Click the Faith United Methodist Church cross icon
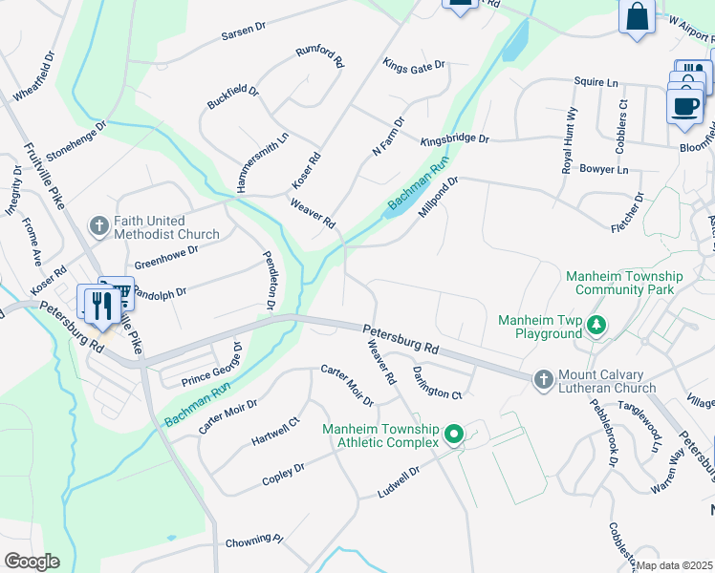(98, 226)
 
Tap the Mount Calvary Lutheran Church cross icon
(543, 380)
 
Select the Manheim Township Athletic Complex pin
(454, 435)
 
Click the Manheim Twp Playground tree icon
(596, 326)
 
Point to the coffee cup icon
(683, 106)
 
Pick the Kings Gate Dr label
(414, 66)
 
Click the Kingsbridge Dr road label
(455, 139)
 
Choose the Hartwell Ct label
(275, 431)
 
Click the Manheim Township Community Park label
(624, 283)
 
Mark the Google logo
(32, 562)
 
